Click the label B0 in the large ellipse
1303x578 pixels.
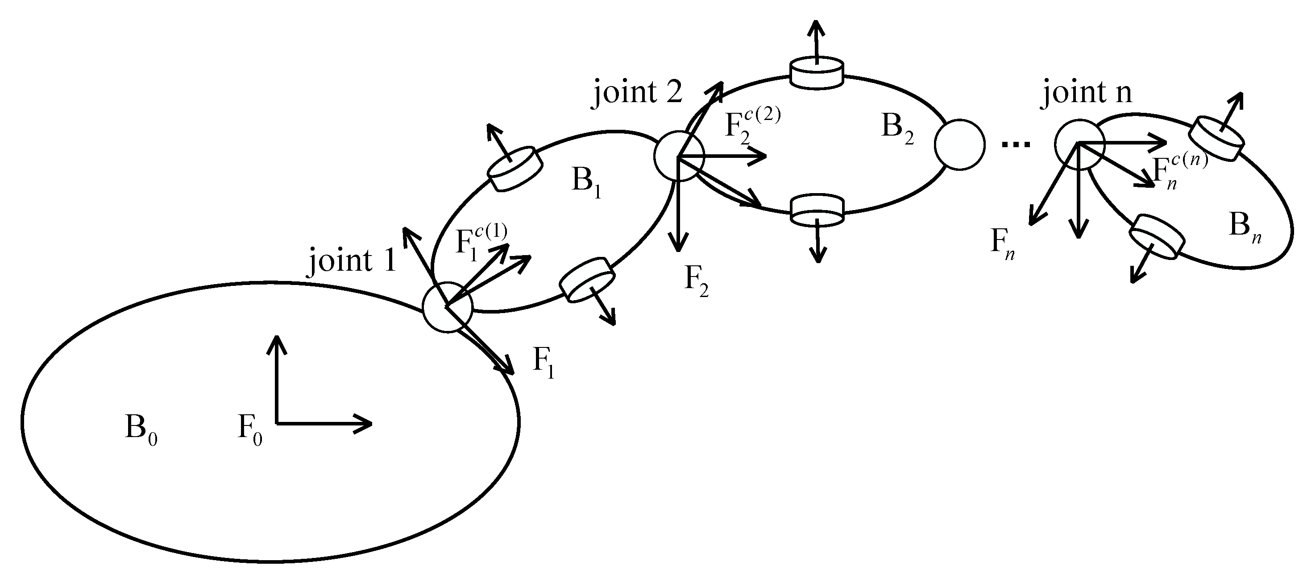tap(141, 429)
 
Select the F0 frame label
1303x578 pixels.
tap(250, 429)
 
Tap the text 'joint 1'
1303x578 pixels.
tap(352, 260)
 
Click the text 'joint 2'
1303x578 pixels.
tap(637, 92)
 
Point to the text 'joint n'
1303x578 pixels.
tap(1086, 92)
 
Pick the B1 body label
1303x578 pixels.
tap(586, 182)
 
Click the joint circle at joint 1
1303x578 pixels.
tap(447, 307)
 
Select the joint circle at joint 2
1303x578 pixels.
tap(679, 156)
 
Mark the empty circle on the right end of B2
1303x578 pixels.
tap(959, 144)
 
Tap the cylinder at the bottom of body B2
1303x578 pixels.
tap(817, 209)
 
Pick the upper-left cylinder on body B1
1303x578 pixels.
tap(515, 169)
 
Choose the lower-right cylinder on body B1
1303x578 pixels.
tap(587, 279)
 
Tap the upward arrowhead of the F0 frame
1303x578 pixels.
tap(276, 343)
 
